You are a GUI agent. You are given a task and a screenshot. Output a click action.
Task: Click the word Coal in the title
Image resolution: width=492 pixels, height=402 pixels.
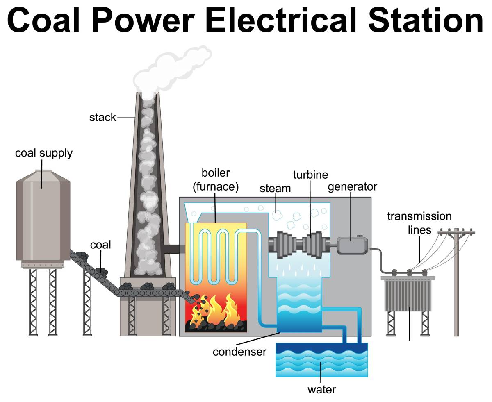pos(43,20)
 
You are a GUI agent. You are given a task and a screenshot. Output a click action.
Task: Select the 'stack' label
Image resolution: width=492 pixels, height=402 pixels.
pos(102,117)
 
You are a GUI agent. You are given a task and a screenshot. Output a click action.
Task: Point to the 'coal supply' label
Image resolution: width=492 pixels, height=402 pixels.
pos(44,153)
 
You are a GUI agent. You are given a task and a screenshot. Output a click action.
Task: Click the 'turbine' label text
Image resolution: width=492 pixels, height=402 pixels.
pos(310,175)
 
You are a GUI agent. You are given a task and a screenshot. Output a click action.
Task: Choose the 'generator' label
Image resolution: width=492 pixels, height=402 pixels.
pos(353,187)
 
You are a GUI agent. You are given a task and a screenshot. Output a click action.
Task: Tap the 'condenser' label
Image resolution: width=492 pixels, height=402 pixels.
pos(239,352)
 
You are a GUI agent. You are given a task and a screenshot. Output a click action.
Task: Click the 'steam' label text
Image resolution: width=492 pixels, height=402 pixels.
pos(275,189)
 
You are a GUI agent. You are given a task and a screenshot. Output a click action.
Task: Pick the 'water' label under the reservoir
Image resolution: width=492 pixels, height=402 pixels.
pos(322,390)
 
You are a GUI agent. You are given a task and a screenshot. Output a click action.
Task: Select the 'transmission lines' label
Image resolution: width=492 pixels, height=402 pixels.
pos(419,223)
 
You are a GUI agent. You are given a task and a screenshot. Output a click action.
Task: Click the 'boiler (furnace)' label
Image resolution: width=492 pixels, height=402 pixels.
pos(216,180)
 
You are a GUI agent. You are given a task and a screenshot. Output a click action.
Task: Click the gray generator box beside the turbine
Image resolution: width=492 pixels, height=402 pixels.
pos(353,245)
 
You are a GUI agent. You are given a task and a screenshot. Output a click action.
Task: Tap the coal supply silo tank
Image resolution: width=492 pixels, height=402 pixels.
pos(43,216)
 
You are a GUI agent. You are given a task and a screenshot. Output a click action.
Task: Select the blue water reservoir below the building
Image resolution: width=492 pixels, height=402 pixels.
pos(322,360)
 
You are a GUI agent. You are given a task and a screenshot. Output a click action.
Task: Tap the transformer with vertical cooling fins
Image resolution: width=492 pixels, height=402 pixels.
pos(408,293)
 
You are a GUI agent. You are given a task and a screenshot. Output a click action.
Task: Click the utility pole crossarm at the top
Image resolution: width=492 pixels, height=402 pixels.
pos(456,232)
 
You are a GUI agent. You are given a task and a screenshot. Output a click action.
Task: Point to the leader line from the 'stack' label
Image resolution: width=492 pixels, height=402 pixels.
pos(126,118)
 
